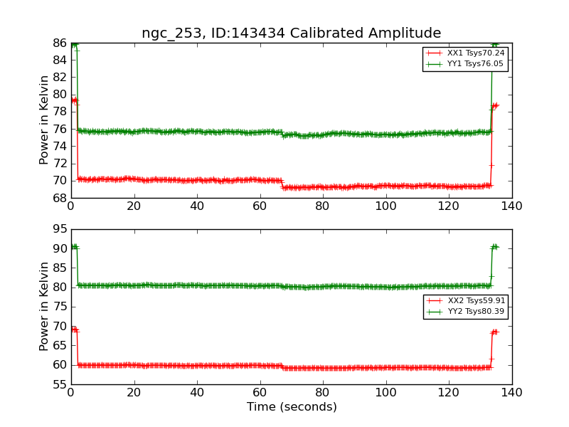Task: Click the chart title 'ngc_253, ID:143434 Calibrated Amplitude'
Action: click(291, 33)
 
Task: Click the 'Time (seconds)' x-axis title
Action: click(292, 407)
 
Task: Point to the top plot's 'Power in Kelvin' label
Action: click(44, 120)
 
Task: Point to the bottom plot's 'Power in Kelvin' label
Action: click(44, 306)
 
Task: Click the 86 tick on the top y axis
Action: click(59, 43)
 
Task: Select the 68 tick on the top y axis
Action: click(59, 198)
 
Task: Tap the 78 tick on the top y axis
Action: click(59, 112)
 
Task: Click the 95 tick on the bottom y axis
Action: click(59, 229)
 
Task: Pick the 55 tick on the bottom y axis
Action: click(59, 384)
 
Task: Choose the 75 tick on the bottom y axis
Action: click(59, 307)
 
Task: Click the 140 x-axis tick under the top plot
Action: click(511, 206)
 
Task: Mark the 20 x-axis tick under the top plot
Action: click(134, 206)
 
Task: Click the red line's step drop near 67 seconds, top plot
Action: click(282, 184)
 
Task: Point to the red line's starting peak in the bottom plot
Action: click(74, 330)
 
